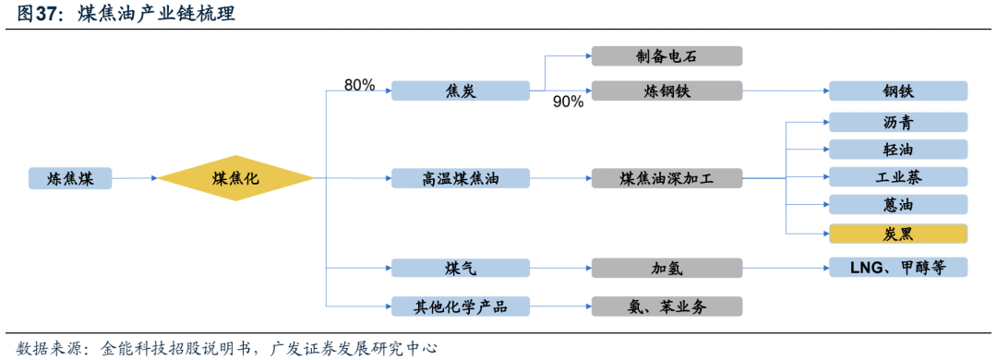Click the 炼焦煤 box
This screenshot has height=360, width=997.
69,178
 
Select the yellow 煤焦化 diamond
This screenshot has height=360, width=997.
236,178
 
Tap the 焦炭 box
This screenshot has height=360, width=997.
460,90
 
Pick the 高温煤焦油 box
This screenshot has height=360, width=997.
460,178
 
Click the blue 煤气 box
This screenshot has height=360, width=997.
460,268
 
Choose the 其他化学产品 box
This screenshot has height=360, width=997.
460,306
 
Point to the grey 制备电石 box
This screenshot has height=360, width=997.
667,55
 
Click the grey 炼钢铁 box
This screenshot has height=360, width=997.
667,90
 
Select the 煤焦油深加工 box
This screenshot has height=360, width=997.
667,178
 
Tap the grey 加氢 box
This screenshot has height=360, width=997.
667,268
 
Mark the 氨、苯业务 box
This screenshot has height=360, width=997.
667,306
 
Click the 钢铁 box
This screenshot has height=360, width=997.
897,90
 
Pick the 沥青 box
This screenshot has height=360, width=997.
897,122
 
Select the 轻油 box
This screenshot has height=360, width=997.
897,150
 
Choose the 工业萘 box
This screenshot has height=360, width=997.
897,176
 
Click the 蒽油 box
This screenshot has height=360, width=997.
897,204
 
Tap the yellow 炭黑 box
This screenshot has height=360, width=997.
897,233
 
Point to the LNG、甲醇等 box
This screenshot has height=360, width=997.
897,268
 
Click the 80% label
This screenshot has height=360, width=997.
359,85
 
